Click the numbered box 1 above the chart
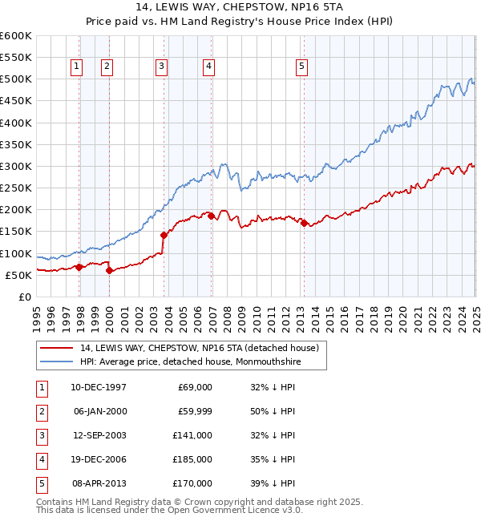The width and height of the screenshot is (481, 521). click(x=76, y=67)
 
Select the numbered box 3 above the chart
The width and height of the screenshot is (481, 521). click(x=161, y=67)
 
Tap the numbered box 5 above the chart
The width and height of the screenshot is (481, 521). click(x=301, y=67)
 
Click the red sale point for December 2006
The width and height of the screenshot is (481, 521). click(x=211, y=216)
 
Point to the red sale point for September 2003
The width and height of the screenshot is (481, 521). click(x=164, y=235)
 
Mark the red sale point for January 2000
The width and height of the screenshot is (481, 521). click(x=110, y=270)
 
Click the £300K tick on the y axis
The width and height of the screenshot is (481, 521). click(x=16, y=166)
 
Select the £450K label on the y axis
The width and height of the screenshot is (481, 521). click(x=16, y=101)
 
